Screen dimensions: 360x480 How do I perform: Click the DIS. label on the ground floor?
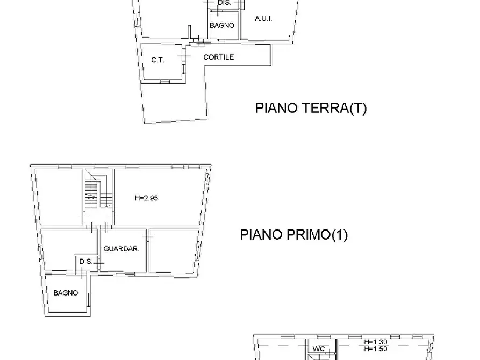click(x=224, y=3)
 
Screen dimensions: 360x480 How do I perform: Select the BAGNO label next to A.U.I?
click(x=222, y=25)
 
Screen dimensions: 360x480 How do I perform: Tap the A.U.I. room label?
click(x=263, y=19)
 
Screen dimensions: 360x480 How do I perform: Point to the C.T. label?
click(x=157, y=60)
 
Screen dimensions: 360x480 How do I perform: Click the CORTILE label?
click(x=218, y=57)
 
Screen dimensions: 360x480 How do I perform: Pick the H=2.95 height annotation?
click(x=146, y=198)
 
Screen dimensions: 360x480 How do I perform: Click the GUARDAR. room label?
click(x=122, y=249)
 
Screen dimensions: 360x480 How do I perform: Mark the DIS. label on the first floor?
click(x=85, y=262)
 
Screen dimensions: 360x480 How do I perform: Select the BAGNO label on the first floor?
click(x=66, y=293)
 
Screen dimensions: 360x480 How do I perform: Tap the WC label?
click(x=319, y=349)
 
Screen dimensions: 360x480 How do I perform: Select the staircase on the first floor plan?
click(x=95, y=193)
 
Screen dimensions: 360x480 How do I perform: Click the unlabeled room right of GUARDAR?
click(x=173, y=251)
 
